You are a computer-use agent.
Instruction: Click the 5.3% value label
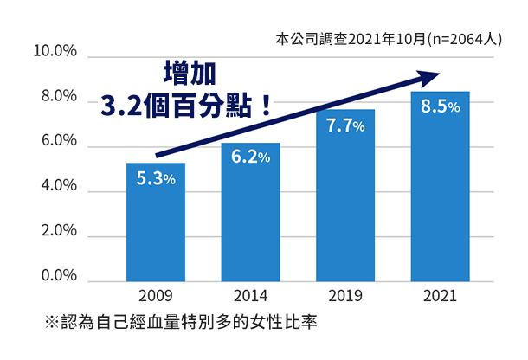[156, 179]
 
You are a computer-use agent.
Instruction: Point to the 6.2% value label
[250, 157]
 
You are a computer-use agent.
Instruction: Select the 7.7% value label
[345, 126]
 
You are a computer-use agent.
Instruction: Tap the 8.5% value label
[441, 107]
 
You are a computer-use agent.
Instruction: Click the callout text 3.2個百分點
[187, 106]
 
